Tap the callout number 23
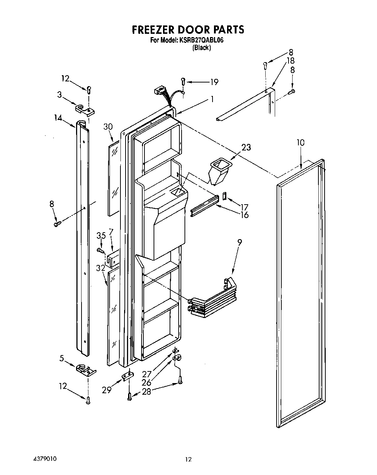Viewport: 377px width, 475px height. click(x=246, y=147)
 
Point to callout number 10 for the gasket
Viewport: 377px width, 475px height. click(x=300, y=142)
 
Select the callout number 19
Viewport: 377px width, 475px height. click(x=214, y=82)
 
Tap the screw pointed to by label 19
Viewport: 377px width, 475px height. click(x=183, y=81)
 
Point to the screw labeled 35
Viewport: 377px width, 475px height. click(x=100, y=250)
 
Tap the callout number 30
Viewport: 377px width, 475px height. click(x=108, y=127)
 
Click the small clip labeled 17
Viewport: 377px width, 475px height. click(x=225, y=196)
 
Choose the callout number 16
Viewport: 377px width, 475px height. click(x=245, y=215)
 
